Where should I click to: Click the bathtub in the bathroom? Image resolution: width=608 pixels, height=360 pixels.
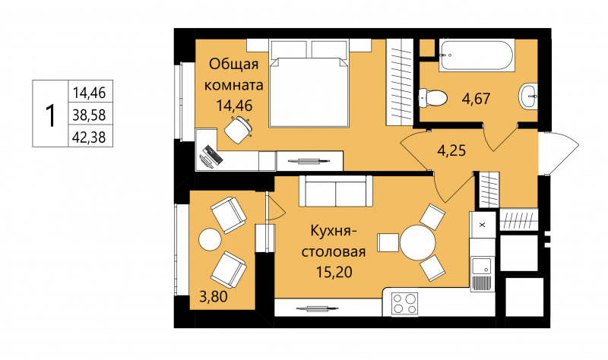tap(477, 55)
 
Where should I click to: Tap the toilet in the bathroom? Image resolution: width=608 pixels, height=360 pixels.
tap(432, 97)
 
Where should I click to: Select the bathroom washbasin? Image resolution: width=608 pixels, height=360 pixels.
tap(528, 96)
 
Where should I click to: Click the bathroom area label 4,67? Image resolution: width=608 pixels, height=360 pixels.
tap(477, 99)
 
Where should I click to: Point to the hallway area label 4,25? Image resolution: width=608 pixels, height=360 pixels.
tap(451, 150)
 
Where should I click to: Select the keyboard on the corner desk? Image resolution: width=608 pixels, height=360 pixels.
tap(213, 154)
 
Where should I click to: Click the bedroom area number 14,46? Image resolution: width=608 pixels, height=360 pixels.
tap(234, 106)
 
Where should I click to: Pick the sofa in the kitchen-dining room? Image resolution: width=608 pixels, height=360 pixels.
tap(335, 191)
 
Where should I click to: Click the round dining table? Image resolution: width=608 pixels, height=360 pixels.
tap(417, 242)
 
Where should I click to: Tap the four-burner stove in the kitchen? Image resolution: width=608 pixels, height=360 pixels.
tap(404, 304)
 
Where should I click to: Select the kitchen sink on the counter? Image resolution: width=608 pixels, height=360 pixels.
tap(482, 267)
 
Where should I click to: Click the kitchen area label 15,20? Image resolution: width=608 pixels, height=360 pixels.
tap(334, 273)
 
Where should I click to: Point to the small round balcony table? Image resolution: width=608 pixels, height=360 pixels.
tap(211, 240)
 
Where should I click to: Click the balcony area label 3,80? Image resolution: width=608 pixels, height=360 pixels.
tap(214, 297)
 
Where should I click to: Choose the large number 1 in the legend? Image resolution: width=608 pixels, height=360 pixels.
tap(50, 115)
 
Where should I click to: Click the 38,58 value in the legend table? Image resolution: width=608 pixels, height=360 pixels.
tap(89, 115)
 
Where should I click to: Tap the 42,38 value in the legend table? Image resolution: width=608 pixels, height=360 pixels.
tap(89, 137)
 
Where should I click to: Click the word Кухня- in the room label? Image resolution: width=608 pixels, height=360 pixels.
tap(334, 232)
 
